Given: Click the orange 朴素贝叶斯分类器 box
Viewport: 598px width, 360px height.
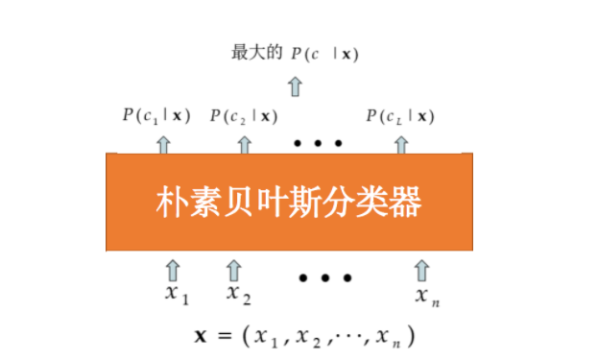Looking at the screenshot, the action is coord(289,202).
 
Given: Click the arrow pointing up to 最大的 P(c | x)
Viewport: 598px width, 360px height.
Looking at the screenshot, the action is coord(296,86).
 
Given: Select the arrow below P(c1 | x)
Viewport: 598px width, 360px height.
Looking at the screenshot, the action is coord(164,144).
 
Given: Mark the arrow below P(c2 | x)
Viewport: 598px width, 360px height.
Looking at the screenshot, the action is coord(244,144).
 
